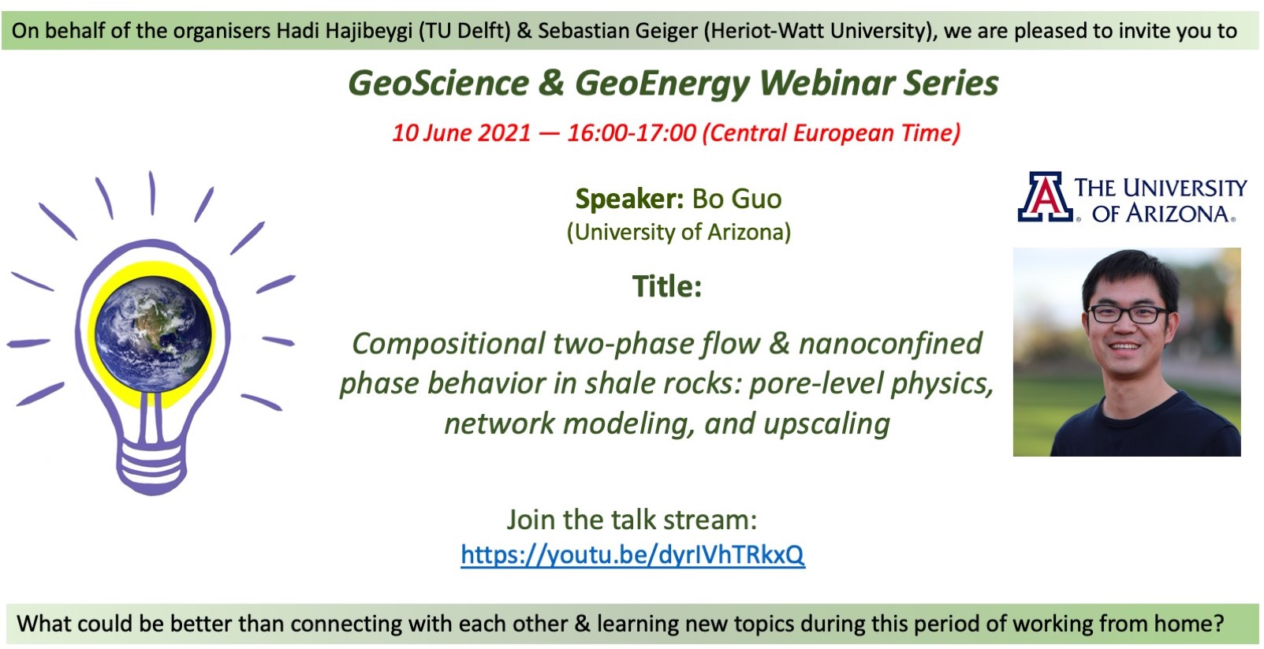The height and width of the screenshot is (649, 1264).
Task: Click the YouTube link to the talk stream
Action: point(632,554)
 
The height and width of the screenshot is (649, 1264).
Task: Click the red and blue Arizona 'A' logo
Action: point(1045,196)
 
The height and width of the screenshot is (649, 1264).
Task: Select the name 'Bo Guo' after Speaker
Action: point(736,199)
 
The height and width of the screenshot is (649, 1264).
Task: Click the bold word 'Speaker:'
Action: point(630,200)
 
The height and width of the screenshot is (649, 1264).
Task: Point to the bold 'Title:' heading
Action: point(667,286)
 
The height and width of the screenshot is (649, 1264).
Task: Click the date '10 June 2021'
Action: point(461,133)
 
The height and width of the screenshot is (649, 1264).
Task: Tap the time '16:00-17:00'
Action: point(632,133)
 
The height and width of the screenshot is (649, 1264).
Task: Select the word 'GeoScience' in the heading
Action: point(438,83)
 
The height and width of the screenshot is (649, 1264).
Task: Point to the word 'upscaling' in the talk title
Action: point(826,424)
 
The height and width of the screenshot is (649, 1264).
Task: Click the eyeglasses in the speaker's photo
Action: point(1126,314)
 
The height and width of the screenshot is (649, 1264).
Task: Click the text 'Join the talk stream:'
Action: point(632,520)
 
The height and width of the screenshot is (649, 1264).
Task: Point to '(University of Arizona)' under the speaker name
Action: point(679,232)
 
